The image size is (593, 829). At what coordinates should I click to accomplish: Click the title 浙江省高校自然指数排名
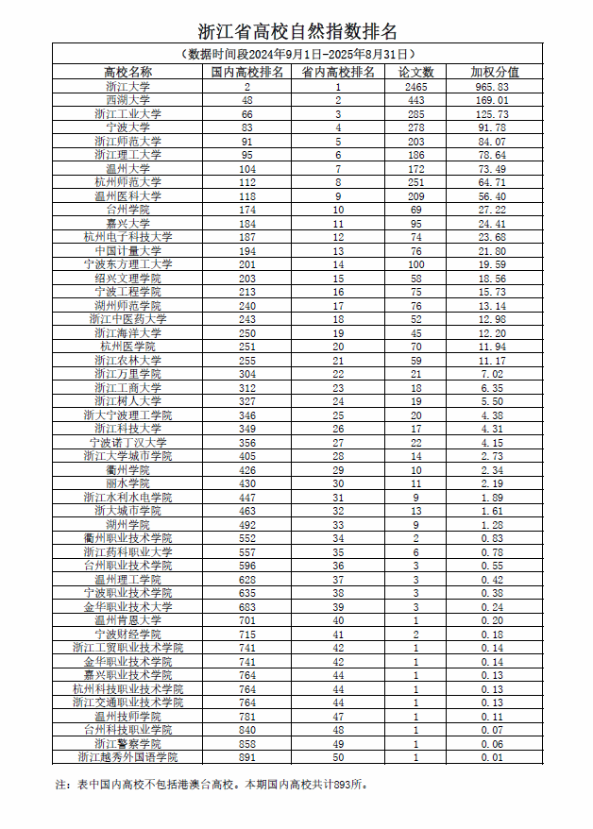[x=296, y=32]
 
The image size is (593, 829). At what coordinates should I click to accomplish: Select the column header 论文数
[x=416, y=72]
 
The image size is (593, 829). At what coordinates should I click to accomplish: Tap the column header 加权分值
[x=495, y=72]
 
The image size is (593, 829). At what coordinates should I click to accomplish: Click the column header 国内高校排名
[x=246, y=72]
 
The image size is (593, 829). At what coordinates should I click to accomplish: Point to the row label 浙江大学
[x=127, y=86]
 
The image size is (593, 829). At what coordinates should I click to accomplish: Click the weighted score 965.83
[x=495, y=86]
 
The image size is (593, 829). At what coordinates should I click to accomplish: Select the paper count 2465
[x=416, y=86]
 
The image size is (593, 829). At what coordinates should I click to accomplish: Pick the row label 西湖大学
[x=127, y=99]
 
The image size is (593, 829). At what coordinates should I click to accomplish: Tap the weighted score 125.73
[x=495, y=113]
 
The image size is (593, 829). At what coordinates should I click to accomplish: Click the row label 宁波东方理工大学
[x=127, y=264]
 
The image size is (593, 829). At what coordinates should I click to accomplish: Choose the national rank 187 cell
[x=246, y=237]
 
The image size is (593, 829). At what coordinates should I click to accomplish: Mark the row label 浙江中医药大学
[x=127, y=319]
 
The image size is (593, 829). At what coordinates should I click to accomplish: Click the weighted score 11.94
[x=495, y=347]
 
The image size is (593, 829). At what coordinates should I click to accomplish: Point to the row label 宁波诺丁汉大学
[x=127, y=443]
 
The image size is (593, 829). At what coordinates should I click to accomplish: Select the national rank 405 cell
[x=246, y=456]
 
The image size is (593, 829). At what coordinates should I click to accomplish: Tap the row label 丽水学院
[x=127, y=483]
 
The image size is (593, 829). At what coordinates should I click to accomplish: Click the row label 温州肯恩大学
[x=127, y=620]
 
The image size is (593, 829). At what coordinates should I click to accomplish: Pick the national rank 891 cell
[x=246, y=757]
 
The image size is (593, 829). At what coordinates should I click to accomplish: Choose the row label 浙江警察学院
[x=127, y=744]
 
